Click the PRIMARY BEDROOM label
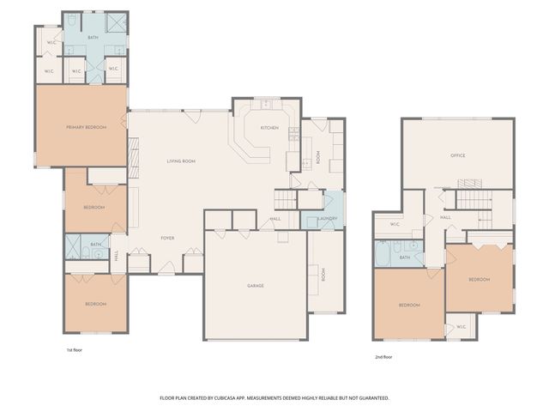[86, 127]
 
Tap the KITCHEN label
[269, 127]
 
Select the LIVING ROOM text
[181, 161]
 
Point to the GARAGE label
[256, 286]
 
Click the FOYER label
[168, 238]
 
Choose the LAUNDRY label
[326, 219]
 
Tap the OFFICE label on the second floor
[458, 155]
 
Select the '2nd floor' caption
[383, 356]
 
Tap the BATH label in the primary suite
[93, 38]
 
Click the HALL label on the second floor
[446, 217]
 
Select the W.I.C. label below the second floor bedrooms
[462, 326]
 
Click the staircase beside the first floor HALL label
[285, 203]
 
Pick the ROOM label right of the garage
[323, 275]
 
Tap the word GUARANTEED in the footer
[370, 398]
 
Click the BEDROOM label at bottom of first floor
[95, 304]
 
